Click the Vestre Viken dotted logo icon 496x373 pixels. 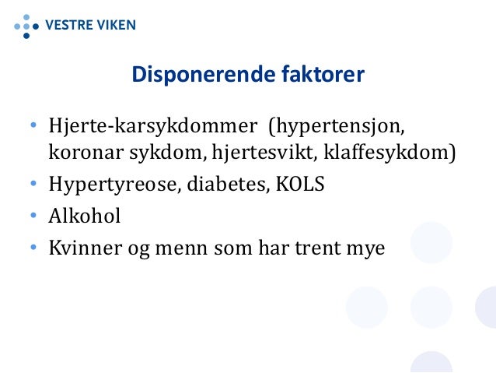click(x=26, y=24)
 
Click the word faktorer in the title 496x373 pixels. click(x=323, y=75)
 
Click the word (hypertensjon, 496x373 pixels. click(x=338, y=127)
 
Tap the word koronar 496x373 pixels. click(x=82, y=152)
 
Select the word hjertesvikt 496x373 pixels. click(x=265, y=152)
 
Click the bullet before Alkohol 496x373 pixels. click(x=33, y=216)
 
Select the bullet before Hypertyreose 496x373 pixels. click(x=33, y=185)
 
